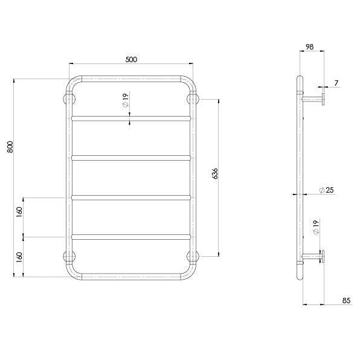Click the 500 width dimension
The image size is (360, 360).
[x=131, y=59]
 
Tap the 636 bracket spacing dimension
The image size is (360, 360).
[x=216, y=174]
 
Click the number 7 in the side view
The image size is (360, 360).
[x=336, y=82]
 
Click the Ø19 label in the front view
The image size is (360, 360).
[x=125, y=101]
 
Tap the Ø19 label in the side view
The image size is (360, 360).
[x=315, y=228]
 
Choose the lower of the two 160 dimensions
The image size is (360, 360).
[x=19, y=256]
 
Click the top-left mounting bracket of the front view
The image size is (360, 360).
[x=68, y=98]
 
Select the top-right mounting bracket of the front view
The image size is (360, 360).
[x=194, y=98]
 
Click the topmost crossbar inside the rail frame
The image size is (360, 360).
[x=131, y=117]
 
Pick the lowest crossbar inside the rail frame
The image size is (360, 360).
[x=131, y=236]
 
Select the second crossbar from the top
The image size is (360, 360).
[x=131, y=157]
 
